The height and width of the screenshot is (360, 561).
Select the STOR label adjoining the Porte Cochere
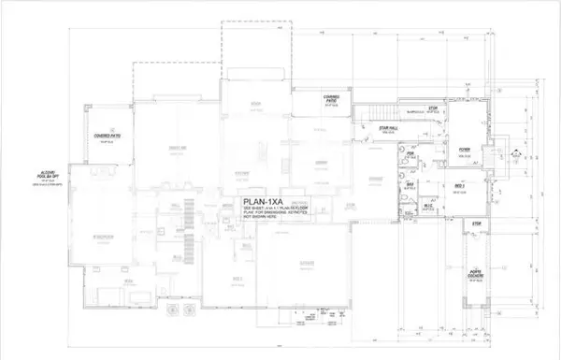tap(476, 223)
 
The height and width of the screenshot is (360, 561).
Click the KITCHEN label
tap(241, 173)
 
